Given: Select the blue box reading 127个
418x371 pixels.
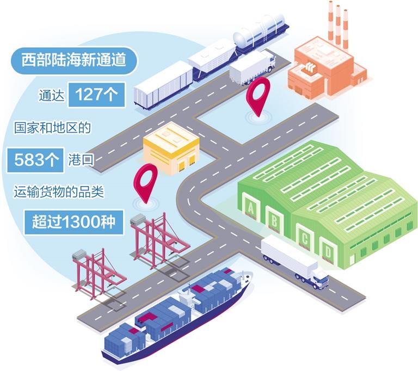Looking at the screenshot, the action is [96, 95].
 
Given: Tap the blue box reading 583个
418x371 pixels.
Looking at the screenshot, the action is [35, 160].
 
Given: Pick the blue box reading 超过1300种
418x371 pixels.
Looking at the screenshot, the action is [74, 222].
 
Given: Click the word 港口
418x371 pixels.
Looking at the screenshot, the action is [81, 160].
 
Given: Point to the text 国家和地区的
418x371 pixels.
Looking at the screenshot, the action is [52, 128].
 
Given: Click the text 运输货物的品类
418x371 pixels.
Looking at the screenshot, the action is [59, 192].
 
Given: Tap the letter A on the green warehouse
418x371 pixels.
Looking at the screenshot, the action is [250, 208].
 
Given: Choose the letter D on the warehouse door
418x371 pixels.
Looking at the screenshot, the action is [328, 251].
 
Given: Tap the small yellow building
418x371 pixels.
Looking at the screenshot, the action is [171, 147].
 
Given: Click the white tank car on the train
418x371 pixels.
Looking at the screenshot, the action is [261, 30].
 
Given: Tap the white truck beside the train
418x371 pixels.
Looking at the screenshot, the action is [252, 67].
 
